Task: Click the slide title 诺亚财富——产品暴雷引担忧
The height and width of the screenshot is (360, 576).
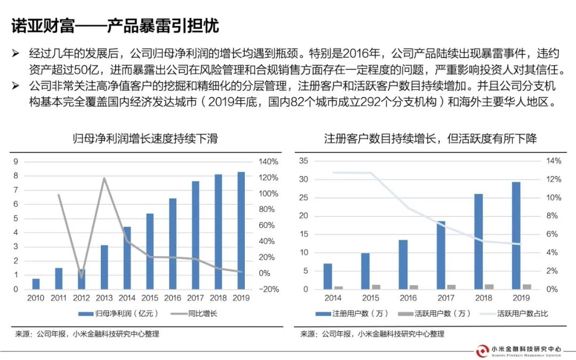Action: coord(115,25)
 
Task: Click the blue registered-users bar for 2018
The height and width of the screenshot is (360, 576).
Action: coord(478,241)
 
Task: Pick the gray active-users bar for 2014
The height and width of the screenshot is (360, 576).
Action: coord(338,287)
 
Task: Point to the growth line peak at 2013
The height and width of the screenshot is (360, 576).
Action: coord(104,178)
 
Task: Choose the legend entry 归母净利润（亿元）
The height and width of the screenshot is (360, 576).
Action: coord(116,314)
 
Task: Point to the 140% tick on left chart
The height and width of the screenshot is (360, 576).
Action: coord(268,162)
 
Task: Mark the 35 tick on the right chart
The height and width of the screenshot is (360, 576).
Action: coord(305,161)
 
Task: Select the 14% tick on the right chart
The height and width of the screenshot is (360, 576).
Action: coord(554,161)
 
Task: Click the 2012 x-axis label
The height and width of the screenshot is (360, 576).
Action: coord(81,298)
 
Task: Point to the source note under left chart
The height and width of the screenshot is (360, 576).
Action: coord(87,334)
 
